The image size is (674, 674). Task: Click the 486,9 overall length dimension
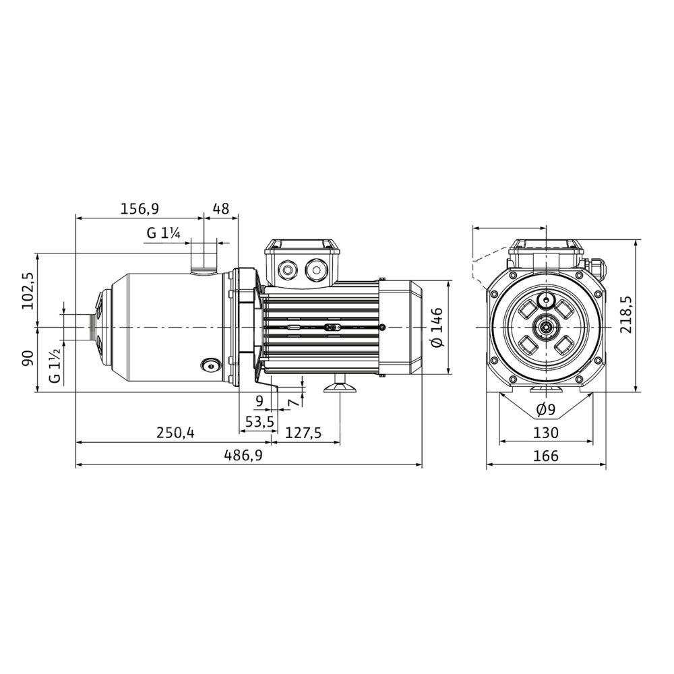(x=243, y=455)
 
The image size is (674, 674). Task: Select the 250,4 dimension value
(x=175, y=433)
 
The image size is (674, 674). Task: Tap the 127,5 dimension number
(x=303, y=433)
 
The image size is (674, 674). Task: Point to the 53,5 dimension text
(x=259, y=422)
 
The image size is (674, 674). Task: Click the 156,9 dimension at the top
(x=140, y=208)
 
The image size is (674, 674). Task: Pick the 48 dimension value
(x=221, y=208)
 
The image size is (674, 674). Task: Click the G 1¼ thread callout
(x=163, y=233)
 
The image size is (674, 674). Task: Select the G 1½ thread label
(x=55, y=366)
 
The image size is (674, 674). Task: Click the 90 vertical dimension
(x=28, y=358)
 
